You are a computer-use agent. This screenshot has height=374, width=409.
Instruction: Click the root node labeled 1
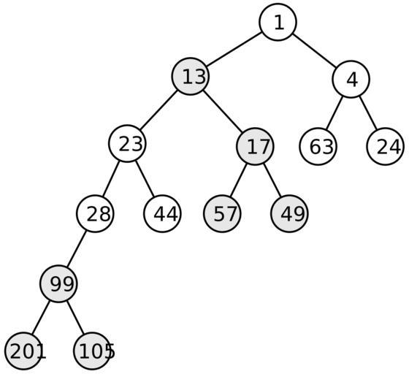pos(278,22)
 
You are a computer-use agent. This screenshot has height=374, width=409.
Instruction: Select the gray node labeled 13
pos(190,77)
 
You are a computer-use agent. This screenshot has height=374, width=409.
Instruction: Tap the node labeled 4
pos(351,80)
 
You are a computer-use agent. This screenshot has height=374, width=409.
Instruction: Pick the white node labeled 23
pos(127,144)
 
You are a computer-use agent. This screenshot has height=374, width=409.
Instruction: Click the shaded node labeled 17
pos(255,147)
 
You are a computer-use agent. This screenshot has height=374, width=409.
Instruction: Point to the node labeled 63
pos(318,147)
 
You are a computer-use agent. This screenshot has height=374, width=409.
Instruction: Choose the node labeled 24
pos(386,147)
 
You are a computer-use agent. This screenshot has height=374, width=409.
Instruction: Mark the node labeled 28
pos(95,213)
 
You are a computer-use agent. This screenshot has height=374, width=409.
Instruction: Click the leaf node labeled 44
pos(162,213)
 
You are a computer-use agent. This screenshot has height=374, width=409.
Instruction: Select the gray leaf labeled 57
pos(222,213)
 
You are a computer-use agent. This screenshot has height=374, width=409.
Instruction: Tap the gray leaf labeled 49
pos(289,213)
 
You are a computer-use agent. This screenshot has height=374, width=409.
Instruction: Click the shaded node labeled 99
pos(58,283)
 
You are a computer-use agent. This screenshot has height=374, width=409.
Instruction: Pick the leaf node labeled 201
pos(23,351)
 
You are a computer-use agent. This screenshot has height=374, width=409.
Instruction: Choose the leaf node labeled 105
pos(92,351)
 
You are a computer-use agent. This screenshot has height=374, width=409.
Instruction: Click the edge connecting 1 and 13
pos(234,49)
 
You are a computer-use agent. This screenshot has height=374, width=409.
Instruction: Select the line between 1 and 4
pos(314,50)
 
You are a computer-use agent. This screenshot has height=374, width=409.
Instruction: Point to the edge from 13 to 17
pos(223,110)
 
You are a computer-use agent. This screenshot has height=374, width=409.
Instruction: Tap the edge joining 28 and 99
pos(77,249)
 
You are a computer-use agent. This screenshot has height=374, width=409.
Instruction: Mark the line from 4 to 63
pos(335,113)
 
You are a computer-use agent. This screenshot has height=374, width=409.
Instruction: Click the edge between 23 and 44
pos(145,179)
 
